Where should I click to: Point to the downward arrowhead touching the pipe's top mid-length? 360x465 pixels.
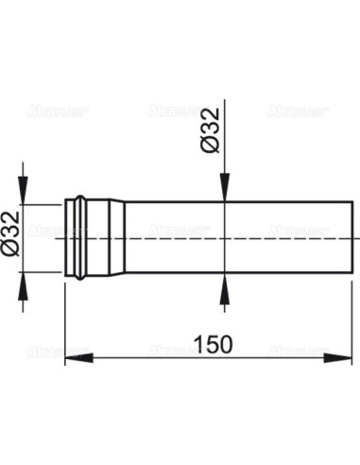224,193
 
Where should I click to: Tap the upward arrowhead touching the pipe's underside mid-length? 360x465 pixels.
224,283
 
